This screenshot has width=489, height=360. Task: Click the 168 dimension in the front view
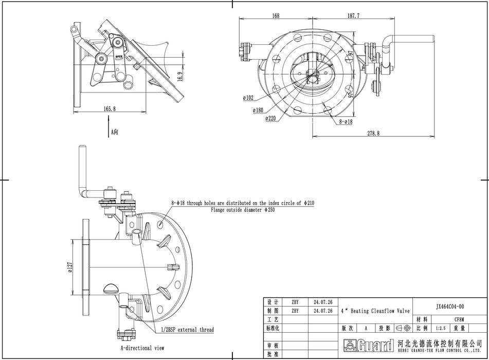pyautogui.click(x=276, y=16)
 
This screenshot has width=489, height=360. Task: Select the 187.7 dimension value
pyautogui.click(x=353, y=16)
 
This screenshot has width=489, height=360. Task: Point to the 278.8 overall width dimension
pyautogui.click(x=373, y=133)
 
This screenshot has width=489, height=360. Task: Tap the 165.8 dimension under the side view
pyautogui.click(x=110, y=109)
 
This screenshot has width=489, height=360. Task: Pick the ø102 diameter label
pyautogui.click(x=248, y=97)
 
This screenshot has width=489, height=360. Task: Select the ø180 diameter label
pyautogui.click(x=258, y=110)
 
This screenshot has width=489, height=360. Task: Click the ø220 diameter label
pyautogui.click(x=271, y=118)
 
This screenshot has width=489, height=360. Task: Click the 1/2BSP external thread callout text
pyautogui.click(x=188, y=330)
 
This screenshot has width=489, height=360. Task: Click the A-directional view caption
pyautogui.click(x=142, y=348)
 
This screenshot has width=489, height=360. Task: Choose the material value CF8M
pyautogui.click(x=459, y=319)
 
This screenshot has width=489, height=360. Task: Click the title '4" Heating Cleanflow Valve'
pyautogui.click(x=375, y=311)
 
